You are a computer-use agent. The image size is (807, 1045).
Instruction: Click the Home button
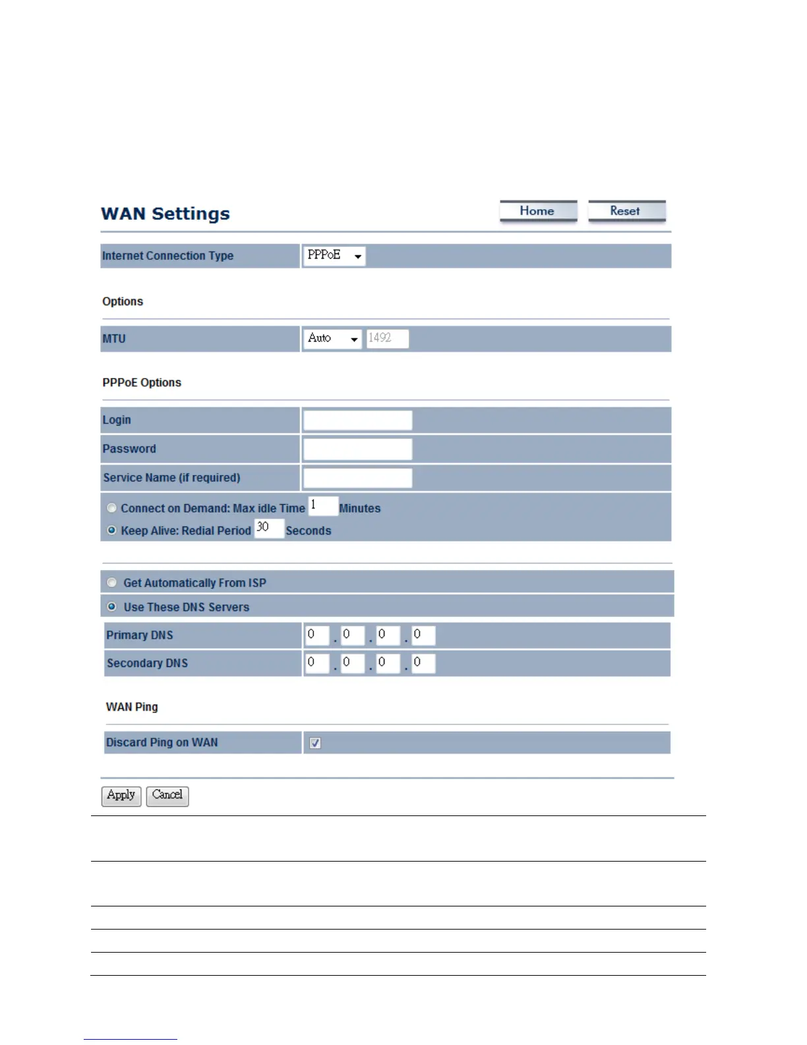pyautogui.click(x=538, y=211)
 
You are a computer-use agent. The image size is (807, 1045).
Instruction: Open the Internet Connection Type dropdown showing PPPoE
pyautogui.click(x=334, y=255)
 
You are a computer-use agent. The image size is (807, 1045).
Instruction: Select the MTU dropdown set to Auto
pyautogui.click(x=332, y=338)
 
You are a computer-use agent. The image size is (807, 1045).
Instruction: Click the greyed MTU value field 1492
pyautogui.click(x=388, y=338)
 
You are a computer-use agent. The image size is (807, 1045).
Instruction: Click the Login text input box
pyautogui.click(x=357, y=420)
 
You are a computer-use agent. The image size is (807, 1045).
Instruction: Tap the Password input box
pyautogui.click(x=357, y=449)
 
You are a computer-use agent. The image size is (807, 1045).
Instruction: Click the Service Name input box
pyautogui.click(x=357, y=478)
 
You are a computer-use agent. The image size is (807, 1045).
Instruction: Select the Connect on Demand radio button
pyautogui.click(x=112, y=508)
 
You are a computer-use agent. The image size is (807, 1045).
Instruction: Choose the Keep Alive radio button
pyautogui.click(x=112, y=530)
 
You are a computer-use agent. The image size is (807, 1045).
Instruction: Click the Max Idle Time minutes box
pyautogui.click(x=323, y=507)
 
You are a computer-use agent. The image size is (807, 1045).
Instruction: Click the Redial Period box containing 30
pyautogui.click(x=269, y=528)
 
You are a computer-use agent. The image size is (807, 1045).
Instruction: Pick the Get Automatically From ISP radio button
pyautogui.click(x=112, y=583)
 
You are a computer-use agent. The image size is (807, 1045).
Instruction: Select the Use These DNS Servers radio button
pyautogui.click(x=112, y=607)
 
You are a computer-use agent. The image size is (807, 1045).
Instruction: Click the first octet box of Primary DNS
pyautogui.click(x=316, y=635)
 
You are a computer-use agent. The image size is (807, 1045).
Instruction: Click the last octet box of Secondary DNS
pyautogui.click(x=423, y=663)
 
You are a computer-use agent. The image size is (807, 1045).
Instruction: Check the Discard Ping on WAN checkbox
pyautogui.click(x=315, y=743)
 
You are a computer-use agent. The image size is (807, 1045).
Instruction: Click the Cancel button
pyautogui.click(x=167, y=796)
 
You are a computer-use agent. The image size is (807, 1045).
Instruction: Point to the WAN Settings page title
pyautogui.click(x=165, y=214)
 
